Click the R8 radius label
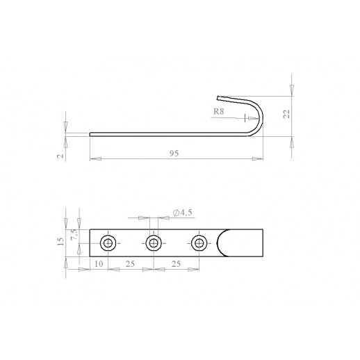pyautogui.click(x=218, y=112)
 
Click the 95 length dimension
pyautogui.click(x=174, y=154)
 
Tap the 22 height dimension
pyautogui.click(x=287, y=114)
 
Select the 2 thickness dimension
pyautogui.click(x=60, y=156)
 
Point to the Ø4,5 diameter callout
pyautogui.click(x=183, y=212)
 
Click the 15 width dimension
pyautogui.click(x=60, y=242)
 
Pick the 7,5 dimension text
pyautogui.click(x=74, y=235)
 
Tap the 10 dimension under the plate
pyautogui.click(x=99, y=264)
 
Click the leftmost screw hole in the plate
pyautogui.click(x=108, y=243)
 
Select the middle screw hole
pyautogui.click(x=154, y=243)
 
